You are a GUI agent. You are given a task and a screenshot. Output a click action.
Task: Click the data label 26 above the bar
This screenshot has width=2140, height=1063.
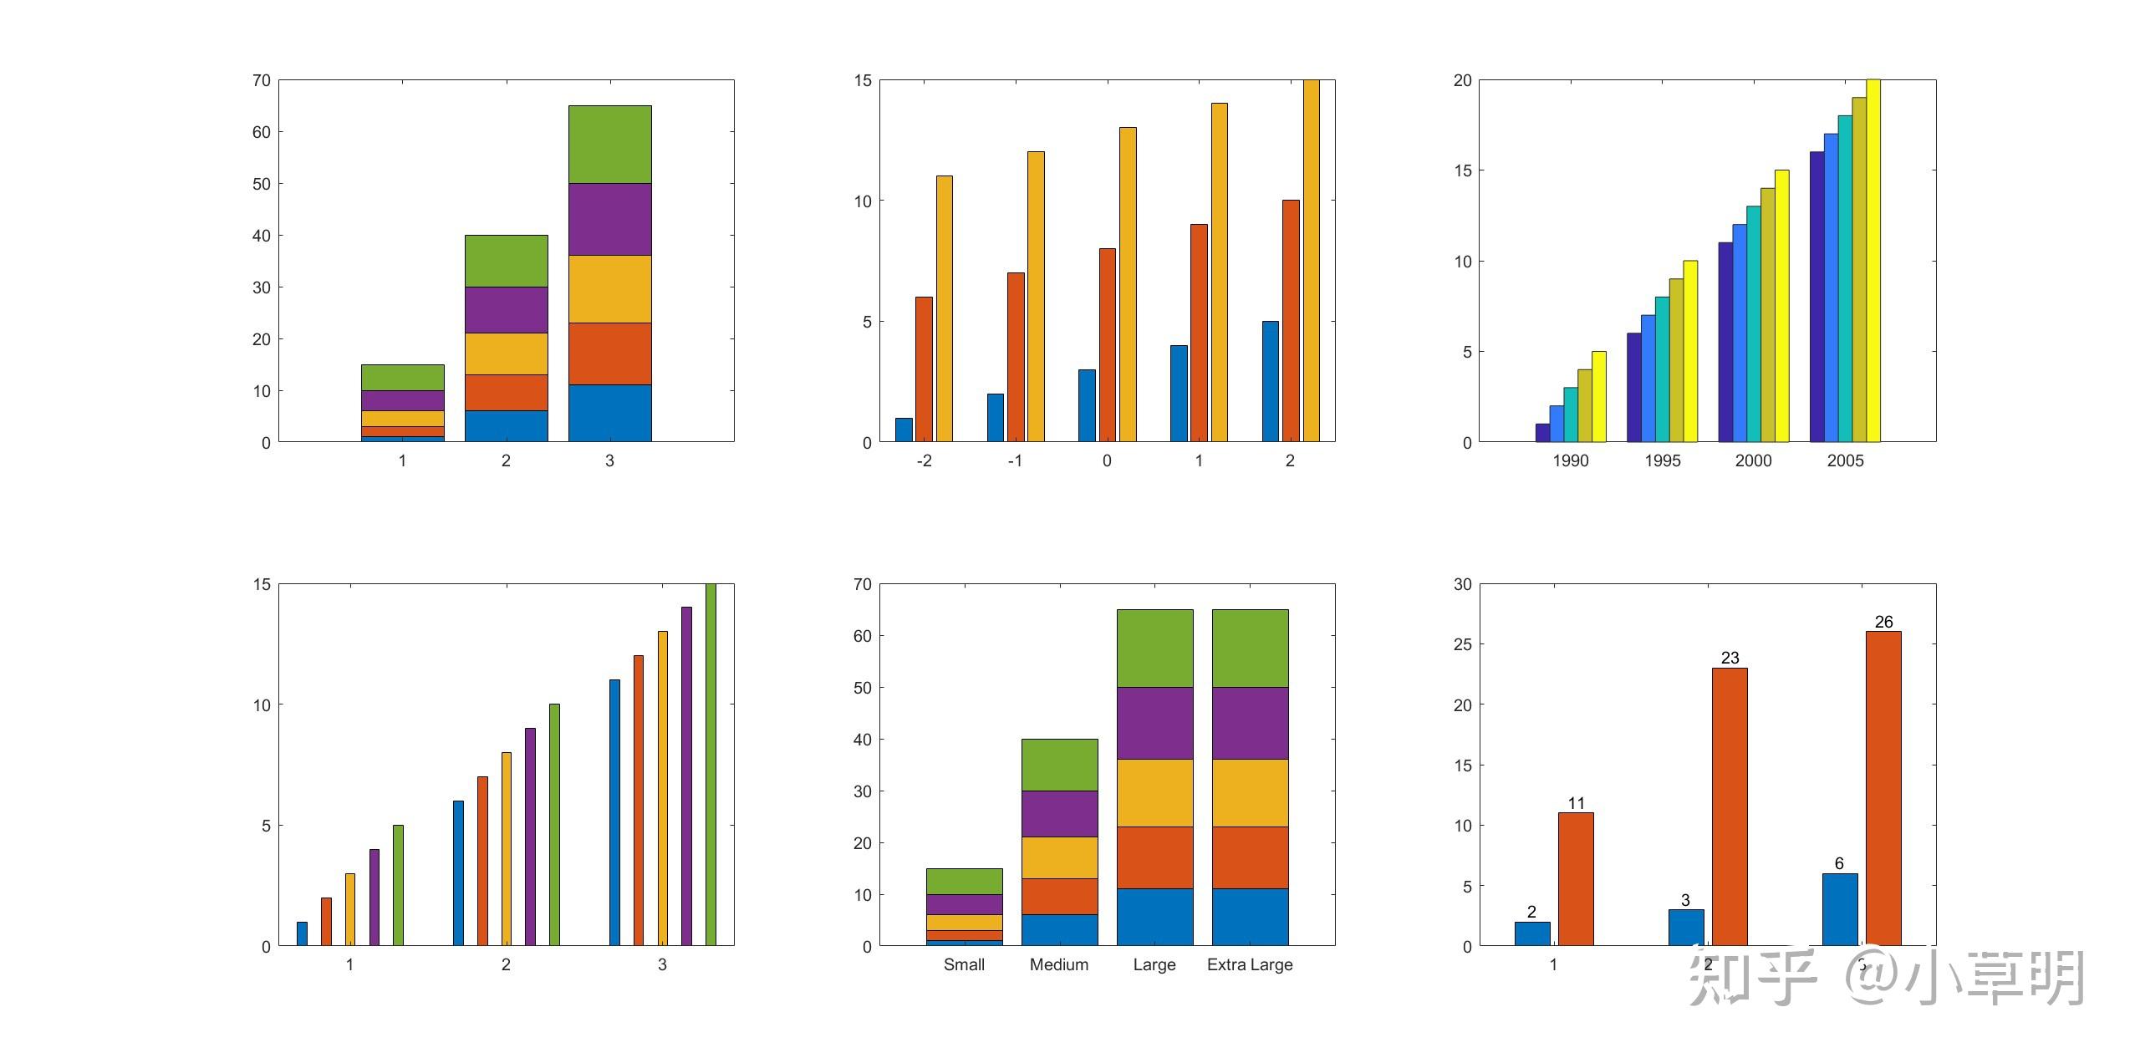(1883, 622)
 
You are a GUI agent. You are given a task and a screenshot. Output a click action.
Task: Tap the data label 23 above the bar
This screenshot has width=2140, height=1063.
(1730, 658)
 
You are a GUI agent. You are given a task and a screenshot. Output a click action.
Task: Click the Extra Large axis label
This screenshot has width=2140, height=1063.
(1250, 964)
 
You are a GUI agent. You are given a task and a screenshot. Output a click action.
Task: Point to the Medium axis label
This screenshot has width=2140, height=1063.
(1059, 964)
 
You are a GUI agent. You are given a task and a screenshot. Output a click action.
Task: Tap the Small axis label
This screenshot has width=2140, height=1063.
(964, 964)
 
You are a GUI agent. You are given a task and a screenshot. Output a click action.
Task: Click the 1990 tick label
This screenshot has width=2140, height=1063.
(1571, 460)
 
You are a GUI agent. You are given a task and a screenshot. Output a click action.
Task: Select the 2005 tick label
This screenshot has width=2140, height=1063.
(1845, 460)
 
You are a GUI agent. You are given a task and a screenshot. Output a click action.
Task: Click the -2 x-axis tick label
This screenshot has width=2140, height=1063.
(924, 460)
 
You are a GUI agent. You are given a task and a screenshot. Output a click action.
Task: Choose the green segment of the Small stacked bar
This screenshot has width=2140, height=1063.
(964, 881)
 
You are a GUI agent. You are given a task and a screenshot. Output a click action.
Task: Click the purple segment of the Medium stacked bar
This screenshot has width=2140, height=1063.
(1059, 813)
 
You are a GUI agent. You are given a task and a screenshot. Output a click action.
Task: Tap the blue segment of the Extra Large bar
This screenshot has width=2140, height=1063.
(1250, 917)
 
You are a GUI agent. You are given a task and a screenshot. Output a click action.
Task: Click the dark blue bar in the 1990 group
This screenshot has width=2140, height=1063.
(1542, 433)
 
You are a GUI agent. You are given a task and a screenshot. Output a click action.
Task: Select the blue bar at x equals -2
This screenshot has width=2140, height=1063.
(904, 430)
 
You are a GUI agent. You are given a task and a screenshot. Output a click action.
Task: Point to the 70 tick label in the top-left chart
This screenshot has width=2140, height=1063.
(262, 80)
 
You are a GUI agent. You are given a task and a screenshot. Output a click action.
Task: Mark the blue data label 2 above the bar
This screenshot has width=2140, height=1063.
(1531, 912)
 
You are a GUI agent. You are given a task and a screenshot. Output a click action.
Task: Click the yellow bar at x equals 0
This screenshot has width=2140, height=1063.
(1128, 284)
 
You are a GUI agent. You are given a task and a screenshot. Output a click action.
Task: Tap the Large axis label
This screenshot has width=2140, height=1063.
(1154, 964)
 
